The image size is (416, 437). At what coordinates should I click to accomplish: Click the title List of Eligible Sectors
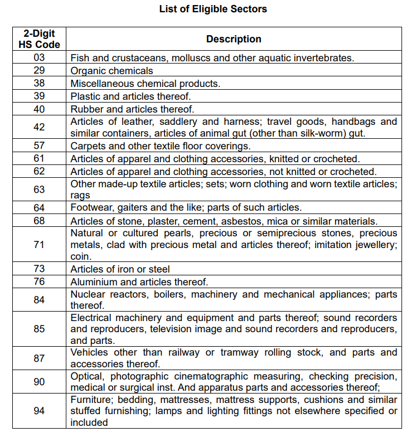click(x=213, y=9)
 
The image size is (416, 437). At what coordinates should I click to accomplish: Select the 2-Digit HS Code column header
click(x=39, y=39)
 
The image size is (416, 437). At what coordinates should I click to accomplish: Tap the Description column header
click(x=234, y=39)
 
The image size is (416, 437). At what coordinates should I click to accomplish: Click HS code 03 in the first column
click(x=39, y=57)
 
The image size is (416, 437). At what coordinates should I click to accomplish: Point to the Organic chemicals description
click(x=112, y=71)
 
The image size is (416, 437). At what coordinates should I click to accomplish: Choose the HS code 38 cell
click(x=39, y=84)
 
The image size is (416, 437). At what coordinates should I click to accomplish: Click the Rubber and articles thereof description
click(x=132, y=109)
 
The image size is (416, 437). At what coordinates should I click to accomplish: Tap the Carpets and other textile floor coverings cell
click(x=161, y=146)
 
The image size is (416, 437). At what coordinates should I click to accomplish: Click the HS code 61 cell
click(x=39, y=159)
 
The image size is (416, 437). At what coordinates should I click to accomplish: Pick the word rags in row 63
click(x=80, y=196)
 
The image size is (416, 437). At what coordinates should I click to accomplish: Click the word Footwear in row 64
click(x=90, y=208)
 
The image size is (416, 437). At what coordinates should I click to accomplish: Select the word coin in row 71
click(x=81, y=257)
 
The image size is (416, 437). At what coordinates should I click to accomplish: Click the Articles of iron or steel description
click(x=120, y=269)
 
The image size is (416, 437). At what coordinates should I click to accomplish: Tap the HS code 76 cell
click(x=39, y=282)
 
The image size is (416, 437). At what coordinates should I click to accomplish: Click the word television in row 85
click(x=173, y=329)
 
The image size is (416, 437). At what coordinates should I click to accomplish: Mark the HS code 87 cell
click(x=39, y=358)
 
